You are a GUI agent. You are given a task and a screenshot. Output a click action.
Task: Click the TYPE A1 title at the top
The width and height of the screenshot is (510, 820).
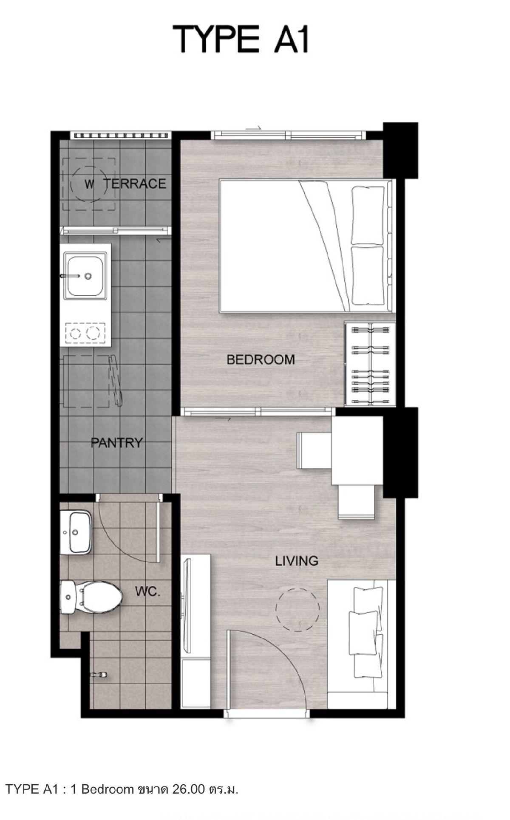click(241, 39)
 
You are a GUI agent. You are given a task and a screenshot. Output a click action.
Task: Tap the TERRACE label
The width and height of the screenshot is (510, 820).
click(135, 184)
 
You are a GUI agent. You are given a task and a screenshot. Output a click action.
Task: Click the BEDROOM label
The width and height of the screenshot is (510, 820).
click(261, 359)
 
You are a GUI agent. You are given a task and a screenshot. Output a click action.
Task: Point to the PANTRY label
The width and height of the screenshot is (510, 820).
click(116, 443)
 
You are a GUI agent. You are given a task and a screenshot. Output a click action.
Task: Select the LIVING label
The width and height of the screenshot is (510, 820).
click(297, 561)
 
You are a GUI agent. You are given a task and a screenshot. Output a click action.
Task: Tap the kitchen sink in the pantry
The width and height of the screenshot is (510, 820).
click(85, 275)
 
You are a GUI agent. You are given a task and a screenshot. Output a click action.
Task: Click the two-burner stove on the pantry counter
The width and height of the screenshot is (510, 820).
click(85, 333)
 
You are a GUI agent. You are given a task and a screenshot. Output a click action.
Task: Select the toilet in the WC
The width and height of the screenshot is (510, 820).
click(91, 597)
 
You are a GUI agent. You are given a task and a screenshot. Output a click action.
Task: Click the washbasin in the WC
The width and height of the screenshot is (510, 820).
click(76, 532)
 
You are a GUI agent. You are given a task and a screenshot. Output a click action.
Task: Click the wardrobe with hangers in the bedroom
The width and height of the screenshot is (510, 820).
click(370, 364)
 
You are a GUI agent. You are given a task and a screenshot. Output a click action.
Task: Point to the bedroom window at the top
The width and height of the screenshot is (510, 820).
click(289, 135)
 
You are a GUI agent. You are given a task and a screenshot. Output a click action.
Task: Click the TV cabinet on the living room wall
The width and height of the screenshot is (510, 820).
click(195, 631)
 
